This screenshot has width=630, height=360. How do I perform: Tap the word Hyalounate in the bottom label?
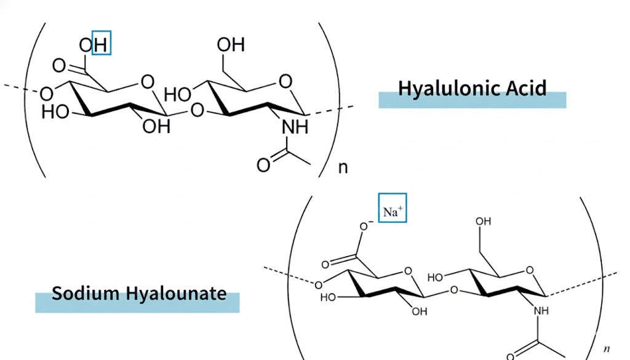tap(177, 294)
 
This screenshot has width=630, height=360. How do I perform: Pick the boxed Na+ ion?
tap(393, 208)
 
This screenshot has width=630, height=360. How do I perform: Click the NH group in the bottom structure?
tap(541, 311)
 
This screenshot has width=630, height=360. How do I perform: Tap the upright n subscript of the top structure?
tap(343, 167)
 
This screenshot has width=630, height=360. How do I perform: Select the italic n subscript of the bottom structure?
tap(607, 349)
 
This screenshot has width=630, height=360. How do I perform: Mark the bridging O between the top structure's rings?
tap(197, 110)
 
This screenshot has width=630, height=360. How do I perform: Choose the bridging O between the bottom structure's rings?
tap(454, 290)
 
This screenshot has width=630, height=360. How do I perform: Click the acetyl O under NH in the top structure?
tap(263, 165)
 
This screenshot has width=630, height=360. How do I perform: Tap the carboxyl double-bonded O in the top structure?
tap(59, 65)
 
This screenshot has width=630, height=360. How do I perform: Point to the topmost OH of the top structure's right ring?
tap(231, 44)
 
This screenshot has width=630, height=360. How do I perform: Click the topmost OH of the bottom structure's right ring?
tap(483, 222)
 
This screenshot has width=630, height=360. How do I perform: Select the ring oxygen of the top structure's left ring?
tap(148, 82)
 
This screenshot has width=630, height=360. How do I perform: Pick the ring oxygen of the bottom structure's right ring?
tap(530, 270)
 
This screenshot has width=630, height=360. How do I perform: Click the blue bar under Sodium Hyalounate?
tap(137, 303)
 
